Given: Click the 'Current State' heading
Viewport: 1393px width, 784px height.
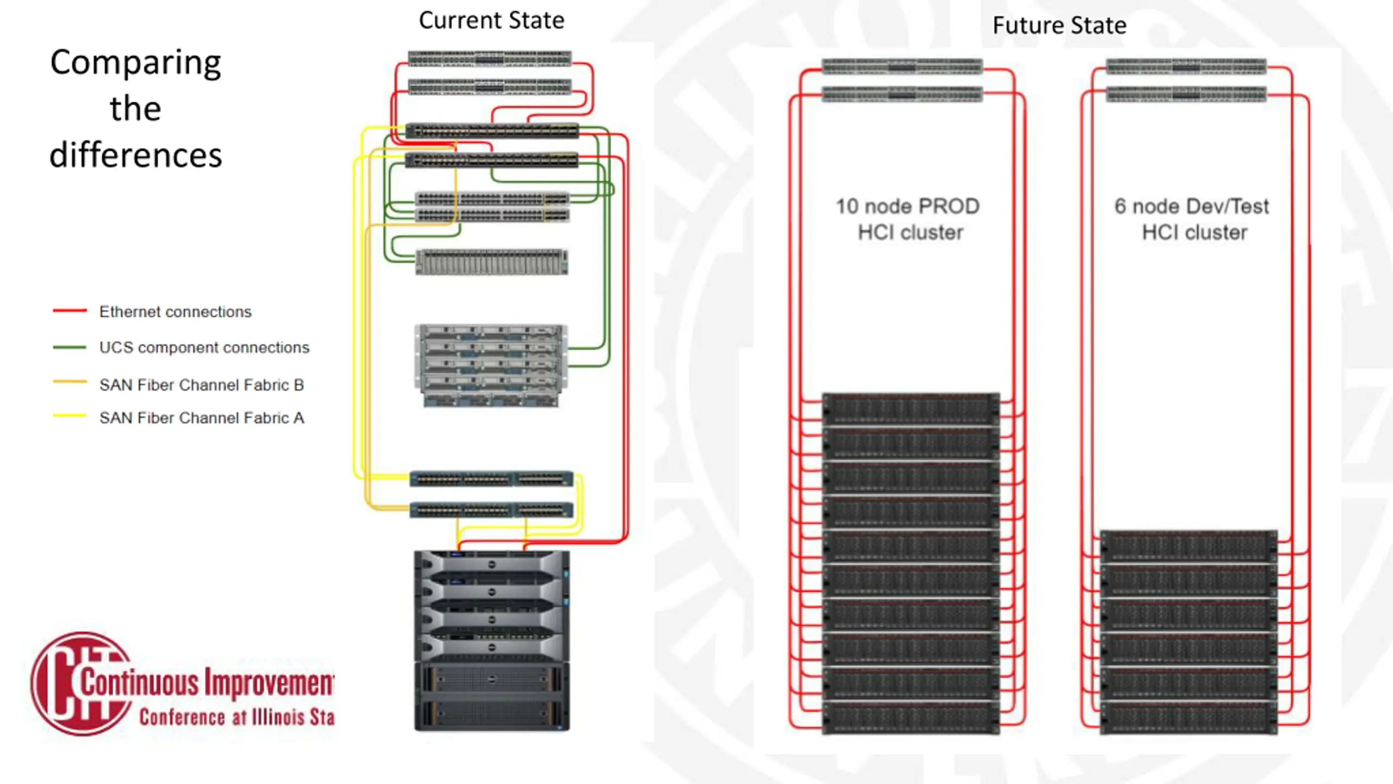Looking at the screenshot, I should pos(491,21).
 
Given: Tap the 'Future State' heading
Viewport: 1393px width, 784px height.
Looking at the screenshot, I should pos(1059,26).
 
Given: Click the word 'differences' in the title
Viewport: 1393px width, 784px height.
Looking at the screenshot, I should pos(136,155).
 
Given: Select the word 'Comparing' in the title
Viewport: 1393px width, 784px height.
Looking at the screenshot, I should pos(136,63).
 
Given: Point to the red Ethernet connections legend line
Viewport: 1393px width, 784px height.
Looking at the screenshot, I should pos(70,311).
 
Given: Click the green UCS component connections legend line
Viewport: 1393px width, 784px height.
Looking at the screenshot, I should pos(70,347).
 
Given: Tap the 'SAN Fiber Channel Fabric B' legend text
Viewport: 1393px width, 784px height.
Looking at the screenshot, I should pos(201,385).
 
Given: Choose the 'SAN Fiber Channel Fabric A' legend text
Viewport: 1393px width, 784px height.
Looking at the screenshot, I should pos(201,418).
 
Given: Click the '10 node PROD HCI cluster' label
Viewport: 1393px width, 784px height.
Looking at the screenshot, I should pos(908,219).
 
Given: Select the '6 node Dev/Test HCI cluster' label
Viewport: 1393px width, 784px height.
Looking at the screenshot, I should pos(1192,219).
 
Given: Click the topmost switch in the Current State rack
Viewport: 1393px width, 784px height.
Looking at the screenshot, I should pos(490,58).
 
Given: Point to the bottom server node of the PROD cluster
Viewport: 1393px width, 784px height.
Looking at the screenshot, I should pos(910,718).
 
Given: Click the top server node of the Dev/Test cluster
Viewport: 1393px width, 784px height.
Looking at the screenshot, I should pos(1188,546).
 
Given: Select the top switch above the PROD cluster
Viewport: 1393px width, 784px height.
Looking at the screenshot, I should pos(902,66).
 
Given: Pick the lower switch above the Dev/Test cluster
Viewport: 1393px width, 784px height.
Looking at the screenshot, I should pos(1186,95).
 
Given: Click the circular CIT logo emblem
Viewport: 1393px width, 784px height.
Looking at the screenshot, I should pos(82,684).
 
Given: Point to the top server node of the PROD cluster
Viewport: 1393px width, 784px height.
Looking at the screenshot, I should pos(910,409).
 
